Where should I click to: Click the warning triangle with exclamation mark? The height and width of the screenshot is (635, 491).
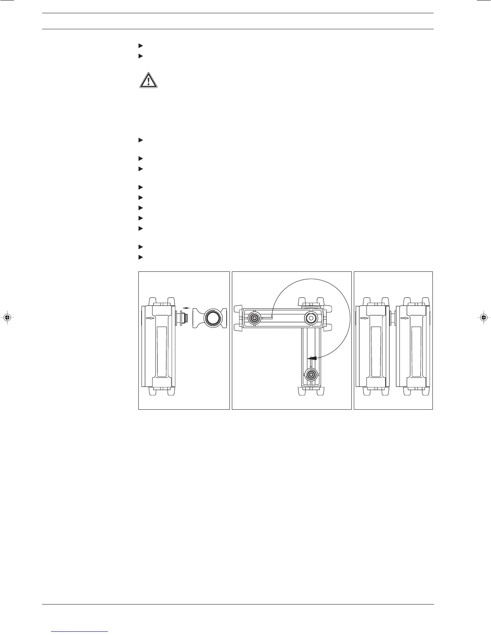point(148,81)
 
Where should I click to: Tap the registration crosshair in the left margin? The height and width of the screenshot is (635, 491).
point(6,317)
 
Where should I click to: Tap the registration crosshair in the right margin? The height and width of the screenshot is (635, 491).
point(484,317)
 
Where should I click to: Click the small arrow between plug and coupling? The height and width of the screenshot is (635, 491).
point(185,309)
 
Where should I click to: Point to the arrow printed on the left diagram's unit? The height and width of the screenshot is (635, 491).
point(149,318)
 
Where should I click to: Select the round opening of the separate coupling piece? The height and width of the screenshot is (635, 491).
point(210,318)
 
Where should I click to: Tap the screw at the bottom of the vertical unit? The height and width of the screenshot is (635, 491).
point(311,375)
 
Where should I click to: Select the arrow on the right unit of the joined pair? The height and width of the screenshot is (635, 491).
point(405,318)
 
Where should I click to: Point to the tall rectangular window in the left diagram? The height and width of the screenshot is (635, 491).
point(162,351)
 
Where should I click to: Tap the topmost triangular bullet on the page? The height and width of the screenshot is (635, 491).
point(140,46)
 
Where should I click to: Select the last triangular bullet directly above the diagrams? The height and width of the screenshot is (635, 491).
point(140,257)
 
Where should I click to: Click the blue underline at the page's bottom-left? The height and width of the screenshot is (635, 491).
point(80,631)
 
